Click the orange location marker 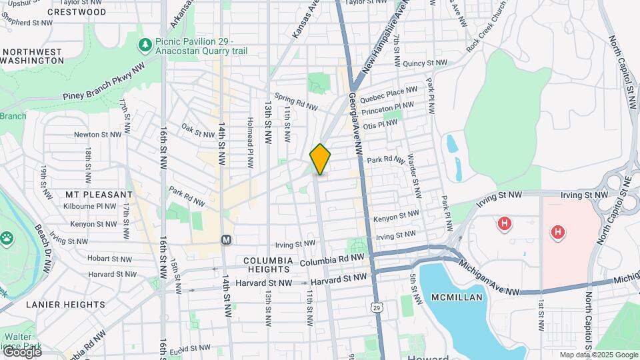point(320,159)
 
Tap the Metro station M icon point(226,239)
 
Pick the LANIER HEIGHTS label point(65,305)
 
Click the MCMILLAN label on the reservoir point(456,297)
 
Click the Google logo point(21,352)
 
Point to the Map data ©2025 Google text point(598,355)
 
